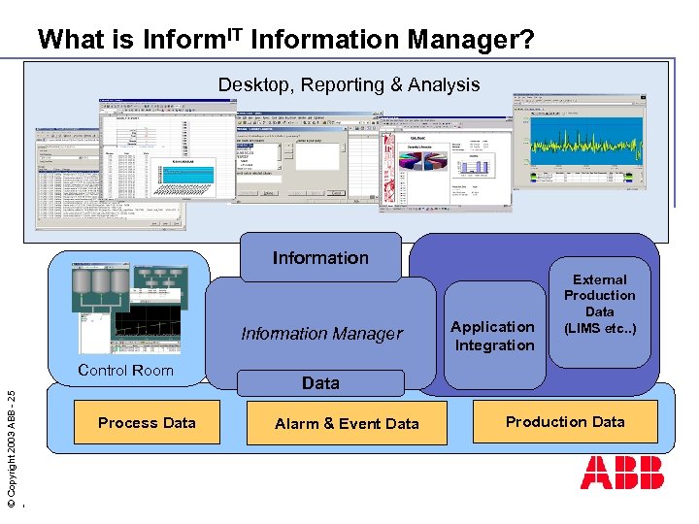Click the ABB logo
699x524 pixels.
pos(622,473)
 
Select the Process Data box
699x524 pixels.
pos(147,422)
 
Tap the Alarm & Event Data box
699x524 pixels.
pos(347,423)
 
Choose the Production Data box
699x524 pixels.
pos(565,421)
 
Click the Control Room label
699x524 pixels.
pos(125,370)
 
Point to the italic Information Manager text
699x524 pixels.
pos(321,334)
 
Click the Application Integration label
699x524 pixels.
pos(494,336)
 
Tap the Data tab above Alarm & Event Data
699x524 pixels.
pos(320,383)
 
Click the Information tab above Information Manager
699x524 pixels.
pos(320,257)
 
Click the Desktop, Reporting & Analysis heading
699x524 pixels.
pos(349,84)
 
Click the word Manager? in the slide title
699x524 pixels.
pos(470,40)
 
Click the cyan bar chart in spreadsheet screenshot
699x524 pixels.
pos(190,173)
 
